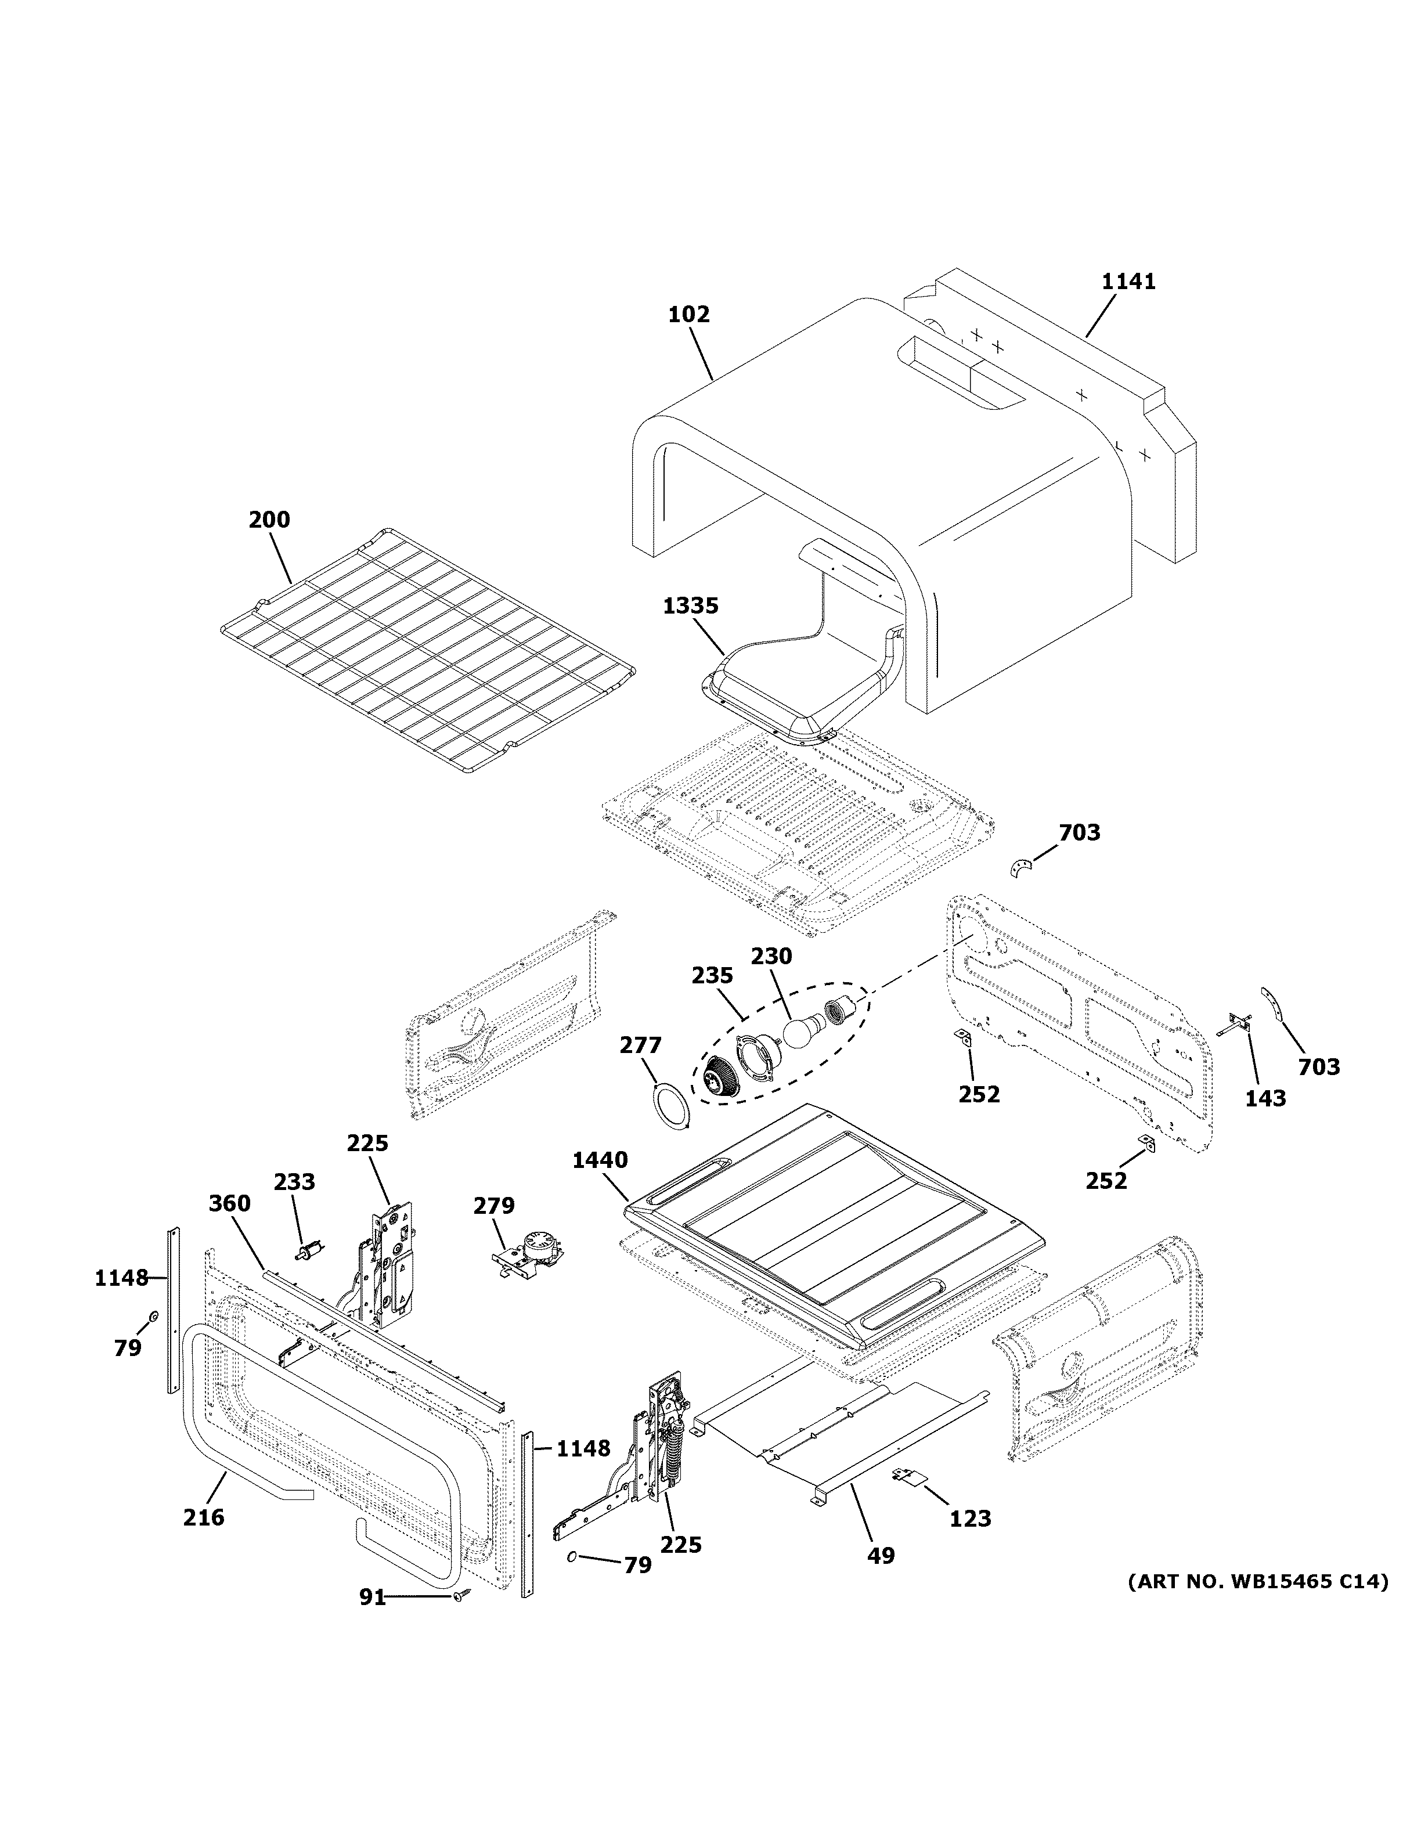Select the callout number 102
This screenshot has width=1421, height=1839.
[688, 315]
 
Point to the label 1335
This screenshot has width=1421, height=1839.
[690, 605]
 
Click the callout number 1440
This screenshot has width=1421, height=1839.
[600, 1160]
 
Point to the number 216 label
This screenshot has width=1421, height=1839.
[204, 1517]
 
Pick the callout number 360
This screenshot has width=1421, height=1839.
[230, 1203]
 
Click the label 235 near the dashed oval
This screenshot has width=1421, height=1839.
[712, 976]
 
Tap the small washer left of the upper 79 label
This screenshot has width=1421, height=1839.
[154, 1316]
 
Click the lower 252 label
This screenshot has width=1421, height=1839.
[1105, 1181]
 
